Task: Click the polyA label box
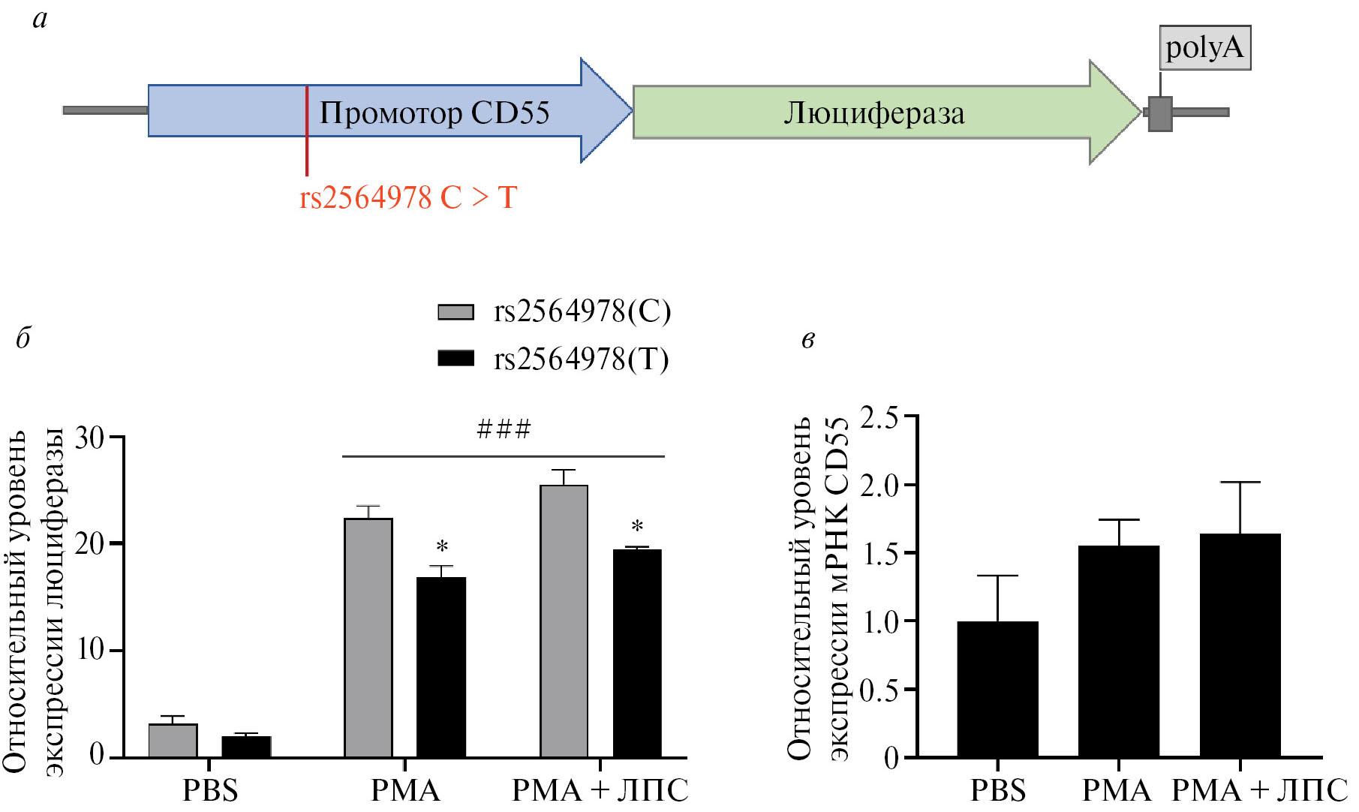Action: click(x=1204, y=48)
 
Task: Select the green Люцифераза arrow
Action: click(x=874, y=113)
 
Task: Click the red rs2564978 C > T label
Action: click(x=408, y=198)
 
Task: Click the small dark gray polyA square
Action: click(x=1160, y=114)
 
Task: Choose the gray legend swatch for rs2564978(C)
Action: click(x=456, y=311)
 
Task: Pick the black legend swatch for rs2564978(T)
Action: click(x=456, y=358)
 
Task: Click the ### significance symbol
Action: click(x=504, y=429)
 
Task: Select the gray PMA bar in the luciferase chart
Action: click(x=368, y=638)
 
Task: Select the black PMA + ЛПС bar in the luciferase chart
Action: click(x=637, y=653)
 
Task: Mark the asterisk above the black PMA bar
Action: click(x=442, y=547)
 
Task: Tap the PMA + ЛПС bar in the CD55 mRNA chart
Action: click(x=1240, y=645)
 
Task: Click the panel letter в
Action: click(x=808, y=340)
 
